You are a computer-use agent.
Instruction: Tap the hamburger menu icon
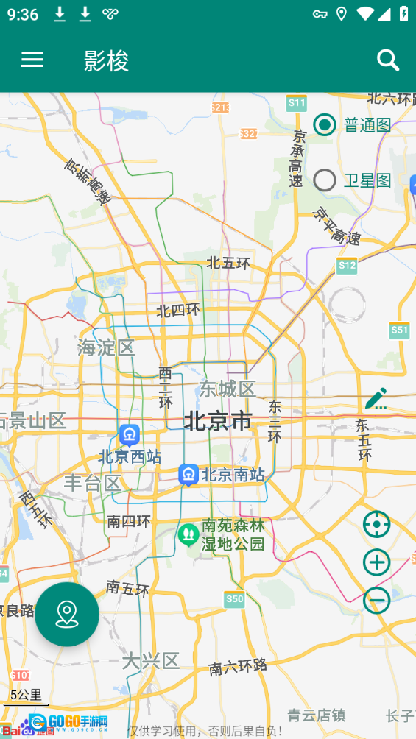(x=32, y=60)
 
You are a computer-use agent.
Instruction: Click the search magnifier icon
(x=388, y=60)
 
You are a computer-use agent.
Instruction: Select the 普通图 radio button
(x=325, y=125)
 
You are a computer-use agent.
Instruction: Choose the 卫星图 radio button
(x=325, y=180)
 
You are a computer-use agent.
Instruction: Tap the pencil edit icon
(x=376, y=398)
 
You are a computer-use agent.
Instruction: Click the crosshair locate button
(x=376, y=525)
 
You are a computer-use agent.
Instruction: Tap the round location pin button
(x=67, y=614)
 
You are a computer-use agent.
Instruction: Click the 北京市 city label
(x=218, y=422)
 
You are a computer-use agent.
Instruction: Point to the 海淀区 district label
(x=107, y=347)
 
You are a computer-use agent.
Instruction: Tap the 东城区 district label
(x=227, y=389)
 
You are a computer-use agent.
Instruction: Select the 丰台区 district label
(x=92, y=484)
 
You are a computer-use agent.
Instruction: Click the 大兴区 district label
(x=151, y=661)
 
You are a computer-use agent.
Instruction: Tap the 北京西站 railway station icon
(x=130, y=435)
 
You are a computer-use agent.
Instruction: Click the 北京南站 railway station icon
(x=188, y=475)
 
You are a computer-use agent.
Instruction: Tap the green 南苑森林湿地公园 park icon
(x=188, y=534)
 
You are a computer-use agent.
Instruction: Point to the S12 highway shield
(x=347, y=265)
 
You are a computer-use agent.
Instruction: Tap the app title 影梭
(x=107, y=61)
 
